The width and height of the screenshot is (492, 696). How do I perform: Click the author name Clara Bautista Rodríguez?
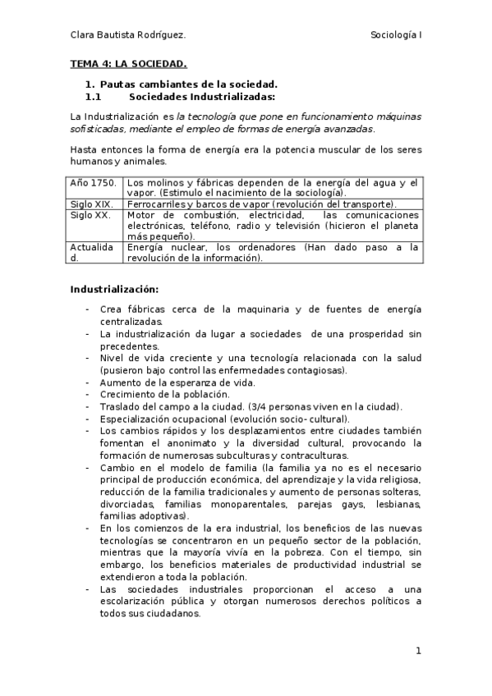[127, 35]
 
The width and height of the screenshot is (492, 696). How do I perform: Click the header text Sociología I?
[396, 35]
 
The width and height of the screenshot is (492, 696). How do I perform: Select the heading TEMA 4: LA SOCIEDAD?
[128, 63]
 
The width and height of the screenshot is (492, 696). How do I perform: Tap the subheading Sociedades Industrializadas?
[191, 96]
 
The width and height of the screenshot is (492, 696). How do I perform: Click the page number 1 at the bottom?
[418, 651]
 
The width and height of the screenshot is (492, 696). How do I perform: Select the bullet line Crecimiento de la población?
[153, 394]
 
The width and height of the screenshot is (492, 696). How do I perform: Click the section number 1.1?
[92, 96]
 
